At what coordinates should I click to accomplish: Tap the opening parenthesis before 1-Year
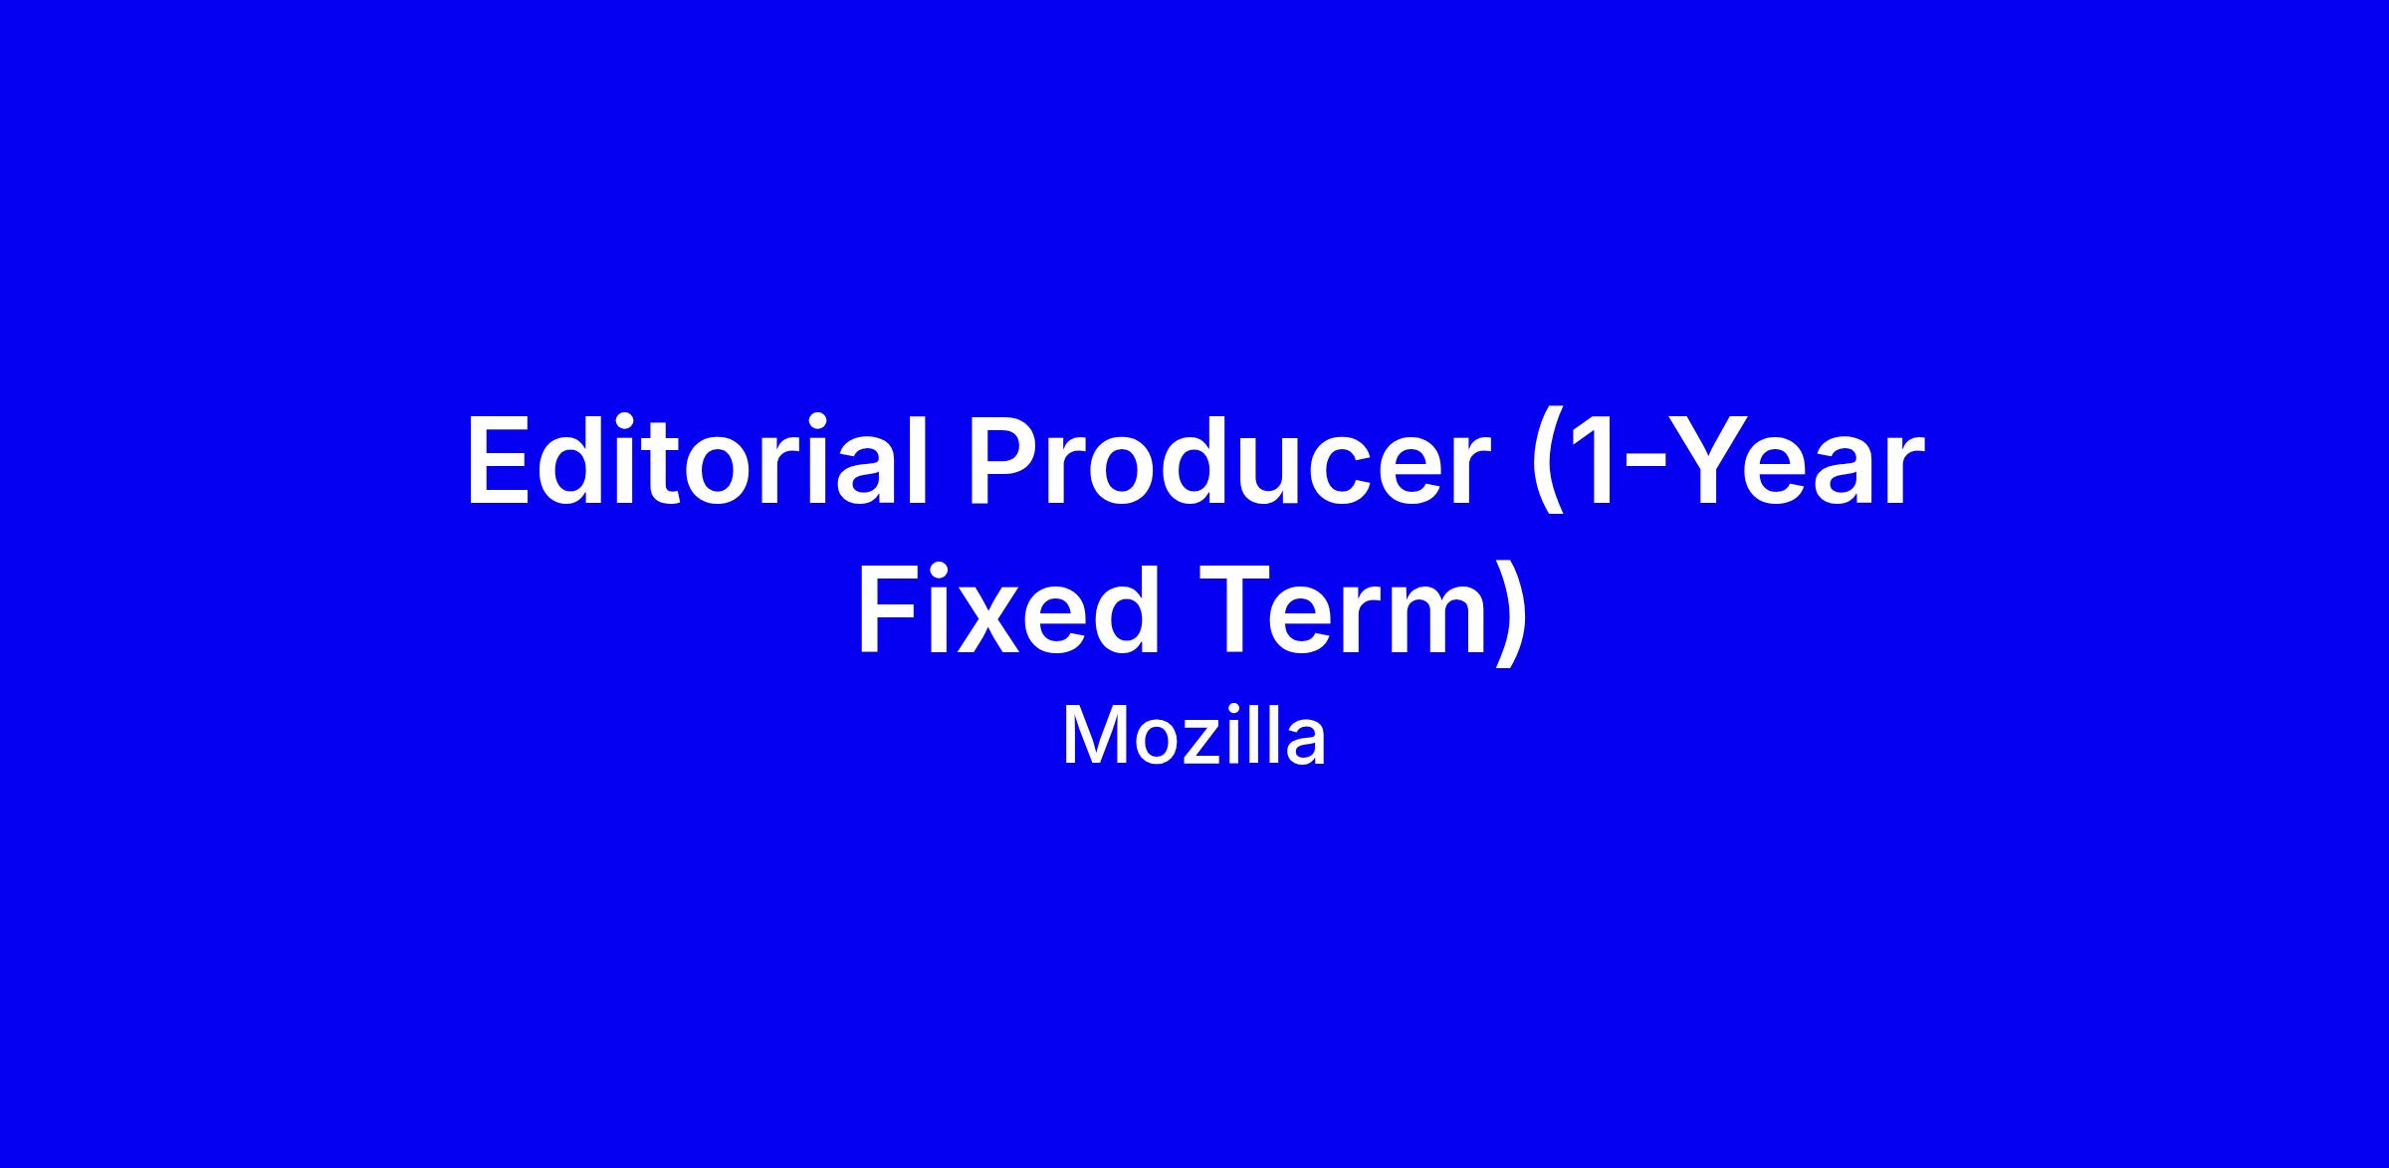click(1549, 468)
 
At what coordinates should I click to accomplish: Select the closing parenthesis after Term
click(1510, 612)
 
